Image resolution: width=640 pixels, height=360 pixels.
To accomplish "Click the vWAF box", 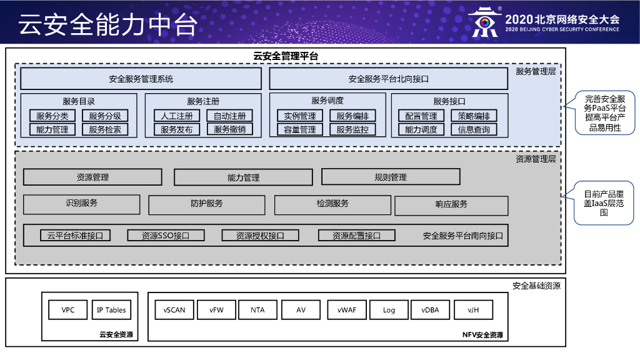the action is tap(346, 310).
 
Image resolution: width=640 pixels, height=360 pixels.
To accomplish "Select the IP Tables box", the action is tap(111, 310).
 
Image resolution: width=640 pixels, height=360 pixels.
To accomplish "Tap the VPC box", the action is tap(67, 310).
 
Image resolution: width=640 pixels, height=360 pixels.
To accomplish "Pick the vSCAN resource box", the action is tap(174, 310).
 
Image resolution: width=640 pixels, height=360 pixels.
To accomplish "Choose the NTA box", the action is tap(257, 310).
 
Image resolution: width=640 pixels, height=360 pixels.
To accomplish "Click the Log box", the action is tap(389, 310).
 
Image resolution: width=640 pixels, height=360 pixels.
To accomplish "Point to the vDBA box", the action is tap(430, 310).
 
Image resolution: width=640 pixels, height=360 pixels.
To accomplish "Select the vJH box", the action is tap(473, 310).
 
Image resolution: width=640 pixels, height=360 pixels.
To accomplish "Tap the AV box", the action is tap(301, 310).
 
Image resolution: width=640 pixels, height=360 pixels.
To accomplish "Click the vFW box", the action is tap(216, 310).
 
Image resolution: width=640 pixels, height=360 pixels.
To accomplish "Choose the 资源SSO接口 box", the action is tap(166, 236).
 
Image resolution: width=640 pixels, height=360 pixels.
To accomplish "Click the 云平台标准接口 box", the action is tap(75, 236).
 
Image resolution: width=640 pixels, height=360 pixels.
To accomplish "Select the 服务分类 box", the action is tap(52, 116).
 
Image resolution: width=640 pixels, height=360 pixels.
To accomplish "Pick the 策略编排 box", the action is tap(474, 116).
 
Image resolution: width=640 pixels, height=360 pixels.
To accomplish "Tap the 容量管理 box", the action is tap(300, 129).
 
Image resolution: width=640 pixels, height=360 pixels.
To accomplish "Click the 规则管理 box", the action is tap(391, 177).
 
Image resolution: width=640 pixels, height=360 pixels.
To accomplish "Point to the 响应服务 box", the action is tap(451, 205).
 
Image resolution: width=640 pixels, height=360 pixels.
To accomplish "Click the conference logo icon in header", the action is tap(484, 22).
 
